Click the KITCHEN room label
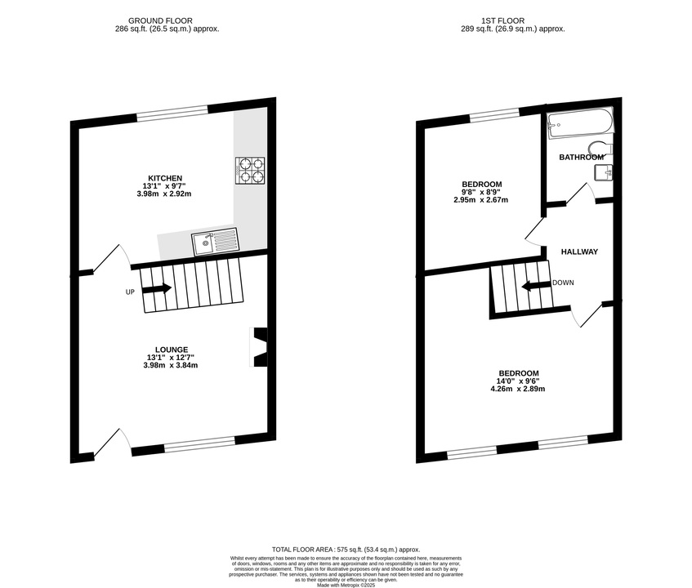[165, 178]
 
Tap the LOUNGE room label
[172, 350]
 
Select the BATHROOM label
[581, 157]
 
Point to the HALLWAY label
[579, 252]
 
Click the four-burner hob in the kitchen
[250, 171]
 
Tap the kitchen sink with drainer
[215, 243]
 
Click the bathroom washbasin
[603, 172]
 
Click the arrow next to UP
[157, 288]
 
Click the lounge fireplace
[259, 347]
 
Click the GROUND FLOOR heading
[160, 20]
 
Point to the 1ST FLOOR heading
[503, 20]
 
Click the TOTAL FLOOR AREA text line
[346, 550]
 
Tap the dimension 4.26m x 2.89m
[518, 389]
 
